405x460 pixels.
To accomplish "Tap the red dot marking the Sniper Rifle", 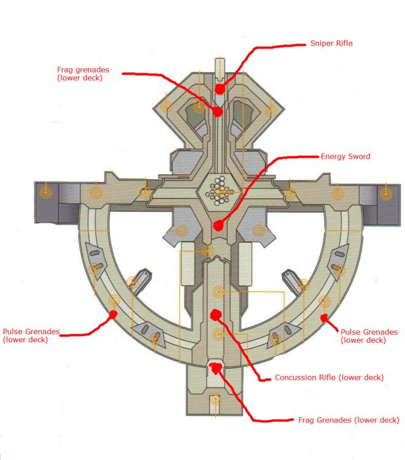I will point(219,89).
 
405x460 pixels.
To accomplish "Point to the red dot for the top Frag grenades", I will point(217,112).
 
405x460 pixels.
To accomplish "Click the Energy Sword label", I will point(345,156).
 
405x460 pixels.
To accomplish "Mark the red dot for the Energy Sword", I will point(216,225).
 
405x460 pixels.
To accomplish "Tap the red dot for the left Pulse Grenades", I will point(114,315).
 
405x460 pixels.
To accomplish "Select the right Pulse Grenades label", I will point(368,335).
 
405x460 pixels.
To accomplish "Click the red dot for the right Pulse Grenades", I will point(324,317).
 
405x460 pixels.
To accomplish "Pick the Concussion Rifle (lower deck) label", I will point(329,378).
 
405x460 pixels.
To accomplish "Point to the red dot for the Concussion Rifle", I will point(215,315).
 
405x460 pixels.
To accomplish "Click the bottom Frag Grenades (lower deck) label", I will point(349,420).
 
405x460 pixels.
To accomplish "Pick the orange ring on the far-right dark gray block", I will point(385,194).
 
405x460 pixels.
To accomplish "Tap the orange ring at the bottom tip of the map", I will point(215,400).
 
